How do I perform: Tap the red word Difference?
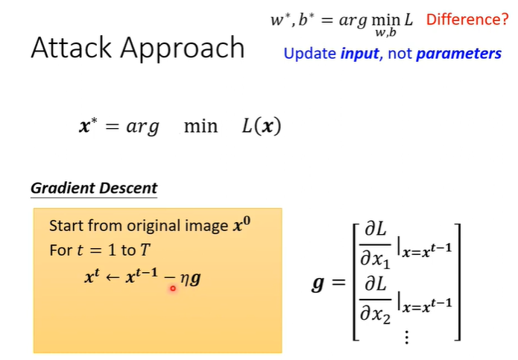pos(467,19)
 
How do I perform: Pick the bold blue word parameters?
pos(458,54)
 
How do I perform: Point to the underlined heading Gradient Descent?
pos(94,188)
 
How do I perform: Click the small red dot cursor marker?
pos(172,288)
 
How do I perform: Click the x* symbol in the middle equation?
pos(87,126)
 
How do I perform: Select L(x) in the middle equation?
pos(261,126)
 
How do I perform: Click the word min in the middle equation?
pos(200,126)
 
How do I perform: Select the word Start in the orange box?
pos(65,226)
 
